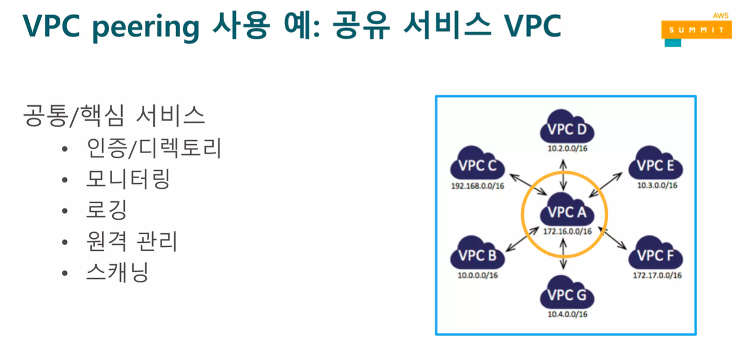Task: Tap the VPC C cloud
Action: (x=477, y=167)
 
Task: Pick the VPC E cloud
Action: (x=656, y=166)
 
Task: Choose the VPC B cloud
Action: (x=477, y=256)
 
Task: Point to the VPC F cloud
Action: (x=656, y=256)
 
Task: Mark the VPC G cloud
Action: (x=566, y=295)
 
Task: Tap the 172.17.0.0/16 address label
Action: (x=657, y=275)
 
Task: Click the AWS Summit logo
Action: (x=696, y=29)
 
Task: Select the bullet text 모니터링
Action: (x=128, y=179)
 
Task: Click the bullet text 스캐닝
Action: (x=117, y=273)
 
